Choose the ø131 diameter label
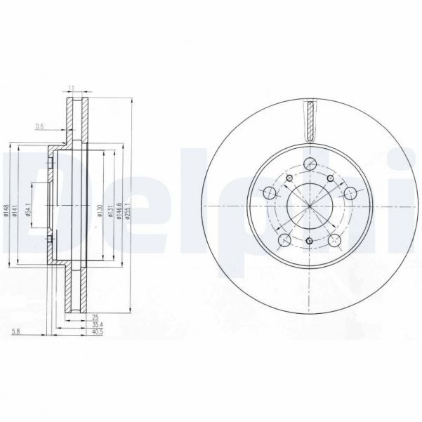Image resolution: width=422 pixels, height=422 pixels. [x=111, y=210]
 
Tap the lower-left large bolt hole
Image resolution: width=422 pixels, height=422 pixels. [x=284, y=241]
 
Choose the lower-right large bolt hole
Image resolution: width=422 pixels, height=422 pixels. [x=334, y=241]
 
